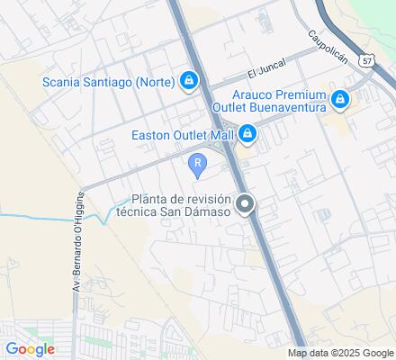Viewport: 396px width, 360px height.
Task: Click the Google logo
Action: coord(30,349)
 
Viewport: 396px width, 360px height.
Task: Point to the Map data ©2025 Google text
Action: coord(341,353)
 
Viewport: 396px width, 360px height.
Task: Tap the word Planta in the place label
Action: coord(150,200)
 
